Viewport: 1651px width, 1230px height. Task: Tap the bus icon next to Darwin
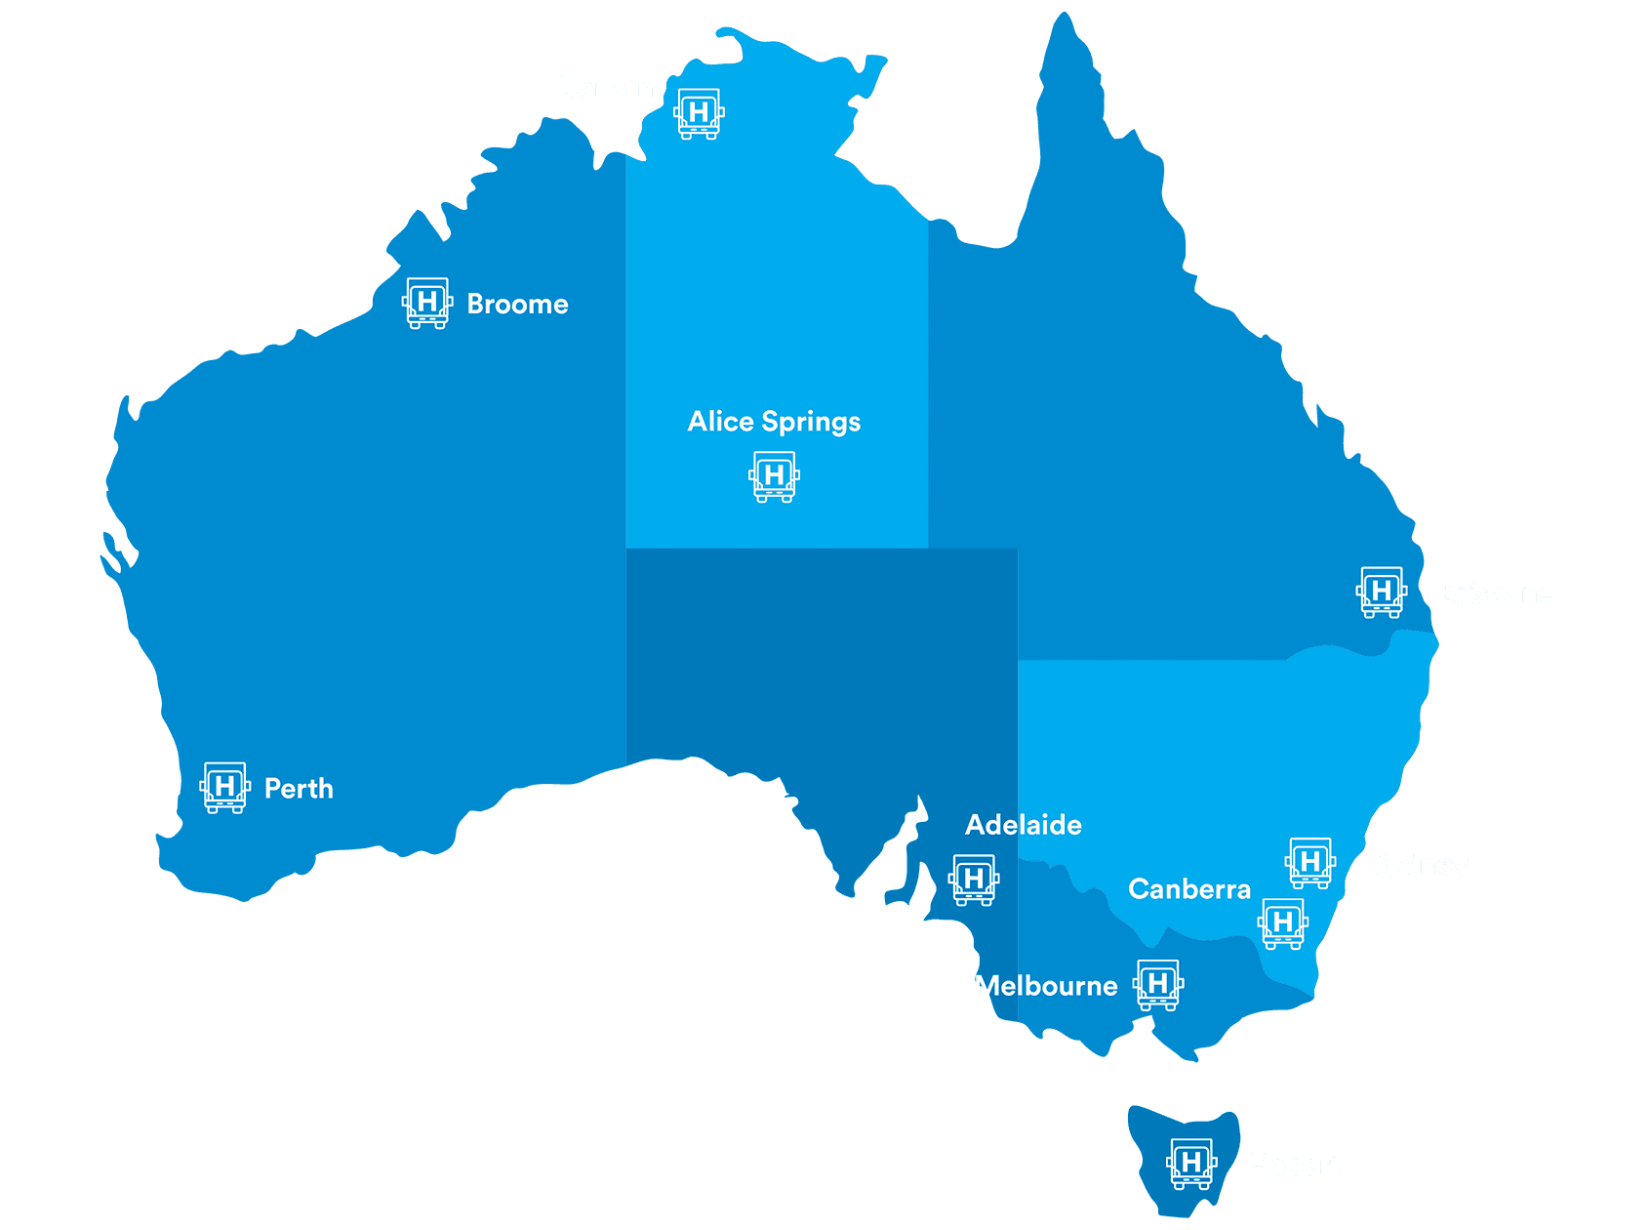[699, 114]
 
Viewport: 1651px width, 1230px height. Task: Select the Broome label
[517, 305]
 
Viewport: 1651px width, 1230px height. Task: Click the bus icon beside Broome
[427, 304]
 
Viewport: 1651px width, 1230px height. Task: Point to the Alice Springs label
[774, 422]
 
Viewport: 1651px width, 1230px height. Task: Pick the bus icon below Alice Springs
[774, 476]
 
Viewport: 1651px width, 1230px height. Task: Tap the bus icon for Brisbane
[1382, 593]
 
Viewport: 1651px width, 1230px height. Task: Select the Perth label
[299, 789]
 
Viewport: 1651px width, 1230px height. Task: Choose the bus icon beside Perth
[225, 788]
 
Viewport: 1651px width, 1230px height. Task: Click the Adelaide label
[1024, 826]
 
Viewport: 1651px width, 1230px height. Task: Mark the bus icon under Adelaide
[974, 881]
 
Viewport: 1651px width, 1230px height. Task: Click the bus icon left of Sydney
[1310, 863]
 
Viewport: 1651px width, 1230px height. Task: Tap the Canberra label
[1189, 889]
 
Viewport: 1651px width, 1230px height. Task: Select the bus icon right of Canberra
[1283, 923]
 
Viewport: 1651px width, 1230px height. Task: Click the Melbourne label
[1046, 986]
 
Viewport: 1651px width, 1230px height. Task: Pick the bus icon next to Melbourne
[1158, 985]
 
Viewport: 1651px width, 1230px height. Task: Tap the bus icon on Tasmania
[1191, 1164]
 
